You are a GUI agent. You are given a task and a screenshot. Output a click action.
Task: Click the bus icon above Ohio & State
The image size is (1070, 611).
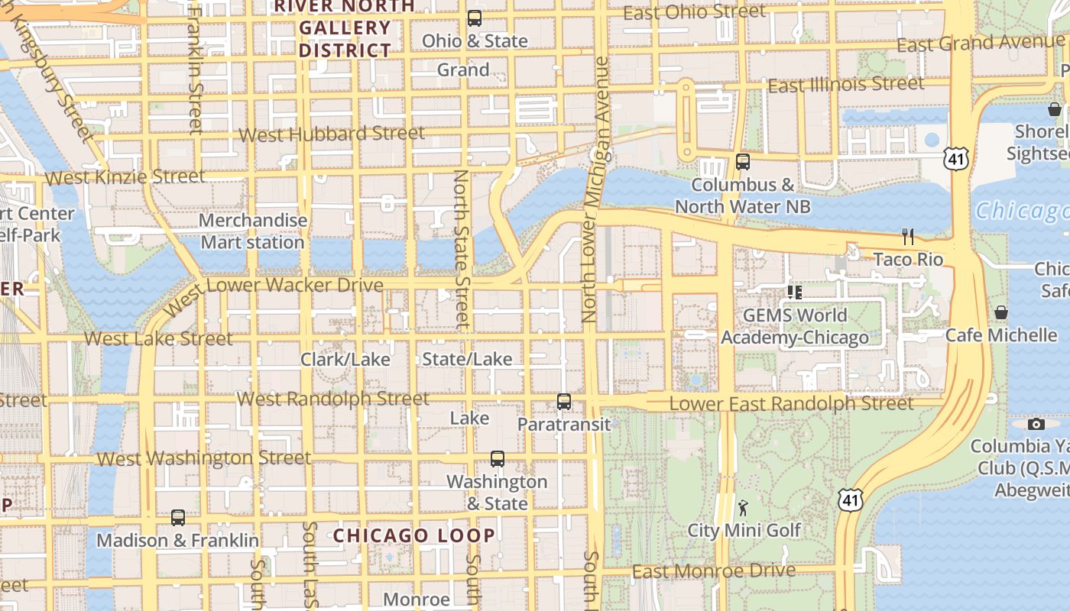[475, 18]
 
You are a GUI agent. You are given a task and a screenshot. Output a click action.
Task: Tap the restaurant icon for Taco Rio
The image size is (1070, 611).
[908, 237]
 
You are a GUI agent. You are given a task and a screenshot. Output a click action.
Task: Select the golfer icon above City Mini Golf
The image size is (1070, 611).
[743, 507]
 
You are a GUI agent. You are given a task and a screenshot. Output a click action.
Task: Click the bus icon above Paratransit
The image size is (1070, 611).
[564, 401]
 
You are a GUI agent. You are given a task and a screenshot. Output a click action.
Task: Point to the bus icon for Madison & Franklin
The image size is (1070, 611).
[178, 518]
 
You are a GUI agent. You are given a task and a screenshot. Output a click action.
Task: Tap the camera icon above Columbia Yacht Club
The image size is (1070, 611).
[1036, 424]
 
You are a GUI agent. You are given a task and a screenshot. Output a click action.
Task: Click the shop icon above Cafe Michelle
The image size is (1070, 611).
[1001, 312]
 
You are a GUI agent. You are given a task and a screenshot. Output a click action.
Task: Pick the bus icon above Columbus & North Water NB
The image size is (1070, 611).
[743, 162]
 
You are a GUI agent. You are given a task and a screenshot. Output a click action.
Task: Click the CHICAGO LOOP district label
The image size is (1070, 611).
[413, 535]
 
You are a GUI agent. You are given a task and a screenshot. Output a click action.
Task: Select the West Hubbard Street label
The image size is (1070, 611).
[332, 134]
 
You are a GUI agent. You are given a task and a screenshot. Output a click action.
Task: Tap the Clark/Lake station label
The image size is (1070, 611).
[345, 359]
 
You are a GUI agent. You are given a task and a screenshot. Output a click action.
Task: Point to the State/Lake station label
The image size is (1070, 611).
[468, 359]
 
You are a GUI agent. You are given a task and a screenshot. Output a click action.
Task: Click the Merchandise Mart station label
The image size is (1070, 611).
[253, 231]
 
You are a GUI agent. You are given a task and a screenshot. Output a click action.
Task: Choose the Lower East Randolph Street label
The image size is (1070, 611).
[791, 403]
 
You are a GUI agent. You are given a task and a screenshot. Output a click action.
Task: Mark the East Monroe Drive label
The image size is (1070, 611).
[714, 571]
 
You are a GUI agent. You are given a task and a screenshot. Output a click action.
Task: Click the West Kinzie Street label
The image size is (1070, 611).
[125, 177]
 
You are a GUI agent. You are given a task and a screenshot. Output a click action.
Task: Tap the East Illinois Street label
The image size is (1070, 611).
[846, 85]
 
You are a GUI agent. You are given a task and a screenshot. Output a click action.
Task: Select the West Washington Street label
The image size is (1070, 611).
[204, 458]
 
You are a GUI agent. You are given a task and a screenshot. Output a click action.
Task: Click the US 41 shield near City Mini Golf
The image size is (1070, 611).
[850, 500]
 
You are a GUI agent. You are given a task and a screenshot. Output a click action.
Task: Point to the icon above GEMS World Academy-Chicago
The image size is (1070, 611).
[795, 292]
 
